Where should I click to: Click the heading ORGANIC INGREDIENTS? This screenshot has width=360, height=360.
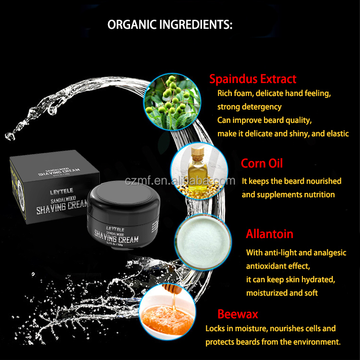170,25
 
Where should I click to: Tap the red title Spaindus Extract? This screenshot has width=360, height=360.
252,79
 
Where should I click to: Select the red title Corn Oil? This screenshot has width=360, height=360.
262,163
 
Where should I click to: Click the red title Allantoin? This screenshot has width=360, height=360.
269,234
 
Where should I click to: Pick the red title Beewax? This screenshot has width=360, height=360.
238,314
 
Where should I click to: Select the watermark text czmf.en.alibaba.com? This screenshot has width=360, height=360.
180,180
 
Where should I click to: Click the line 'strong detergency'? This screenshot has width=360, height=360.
249,107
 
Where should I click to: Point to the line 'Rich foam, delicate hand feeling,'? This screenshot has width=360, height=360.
274,93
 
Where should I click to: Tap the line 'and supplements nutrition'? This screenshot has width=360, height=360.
288,194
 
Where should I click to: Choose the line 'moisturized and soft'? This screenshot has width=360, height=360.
282,292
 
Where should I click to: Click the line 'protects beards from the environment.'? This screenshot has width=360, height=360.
273,342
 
